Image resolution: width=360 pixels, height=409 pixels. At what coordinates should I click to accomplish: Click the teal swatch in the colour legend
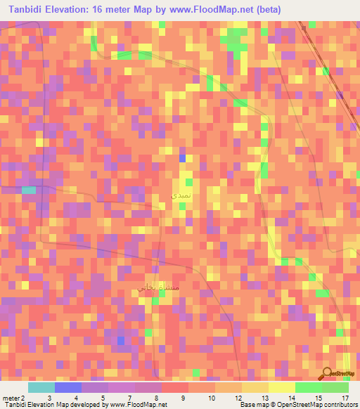coord(41,387)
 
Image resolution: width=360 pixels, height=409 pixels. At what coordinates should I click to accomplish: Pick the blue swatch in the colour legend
coord(68,387)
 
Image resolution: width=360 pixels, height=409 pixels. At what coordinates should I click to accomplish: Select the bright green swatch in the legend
coord(308,387)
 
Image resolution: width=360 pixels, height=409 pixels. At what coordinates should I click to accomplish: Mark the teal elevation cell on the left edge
coord(29,190)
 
